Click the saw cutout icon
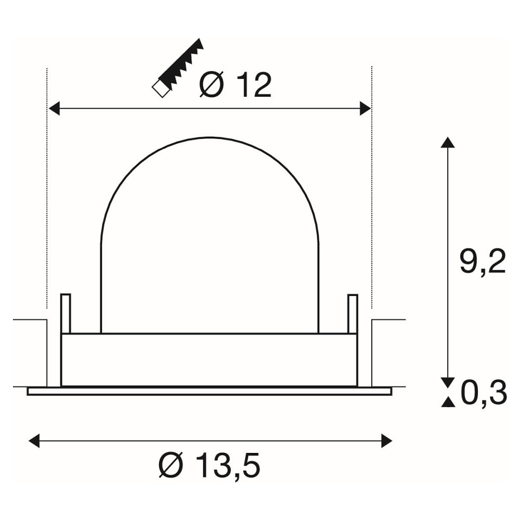(x=177, y=68)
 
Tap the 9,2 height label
(x=483, y=262)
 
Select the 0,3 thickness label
(x=485, y=393)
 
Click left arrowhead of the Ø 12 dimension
(x=54, y=109)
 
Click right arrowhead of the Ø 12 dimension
(x=365, y=109)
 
